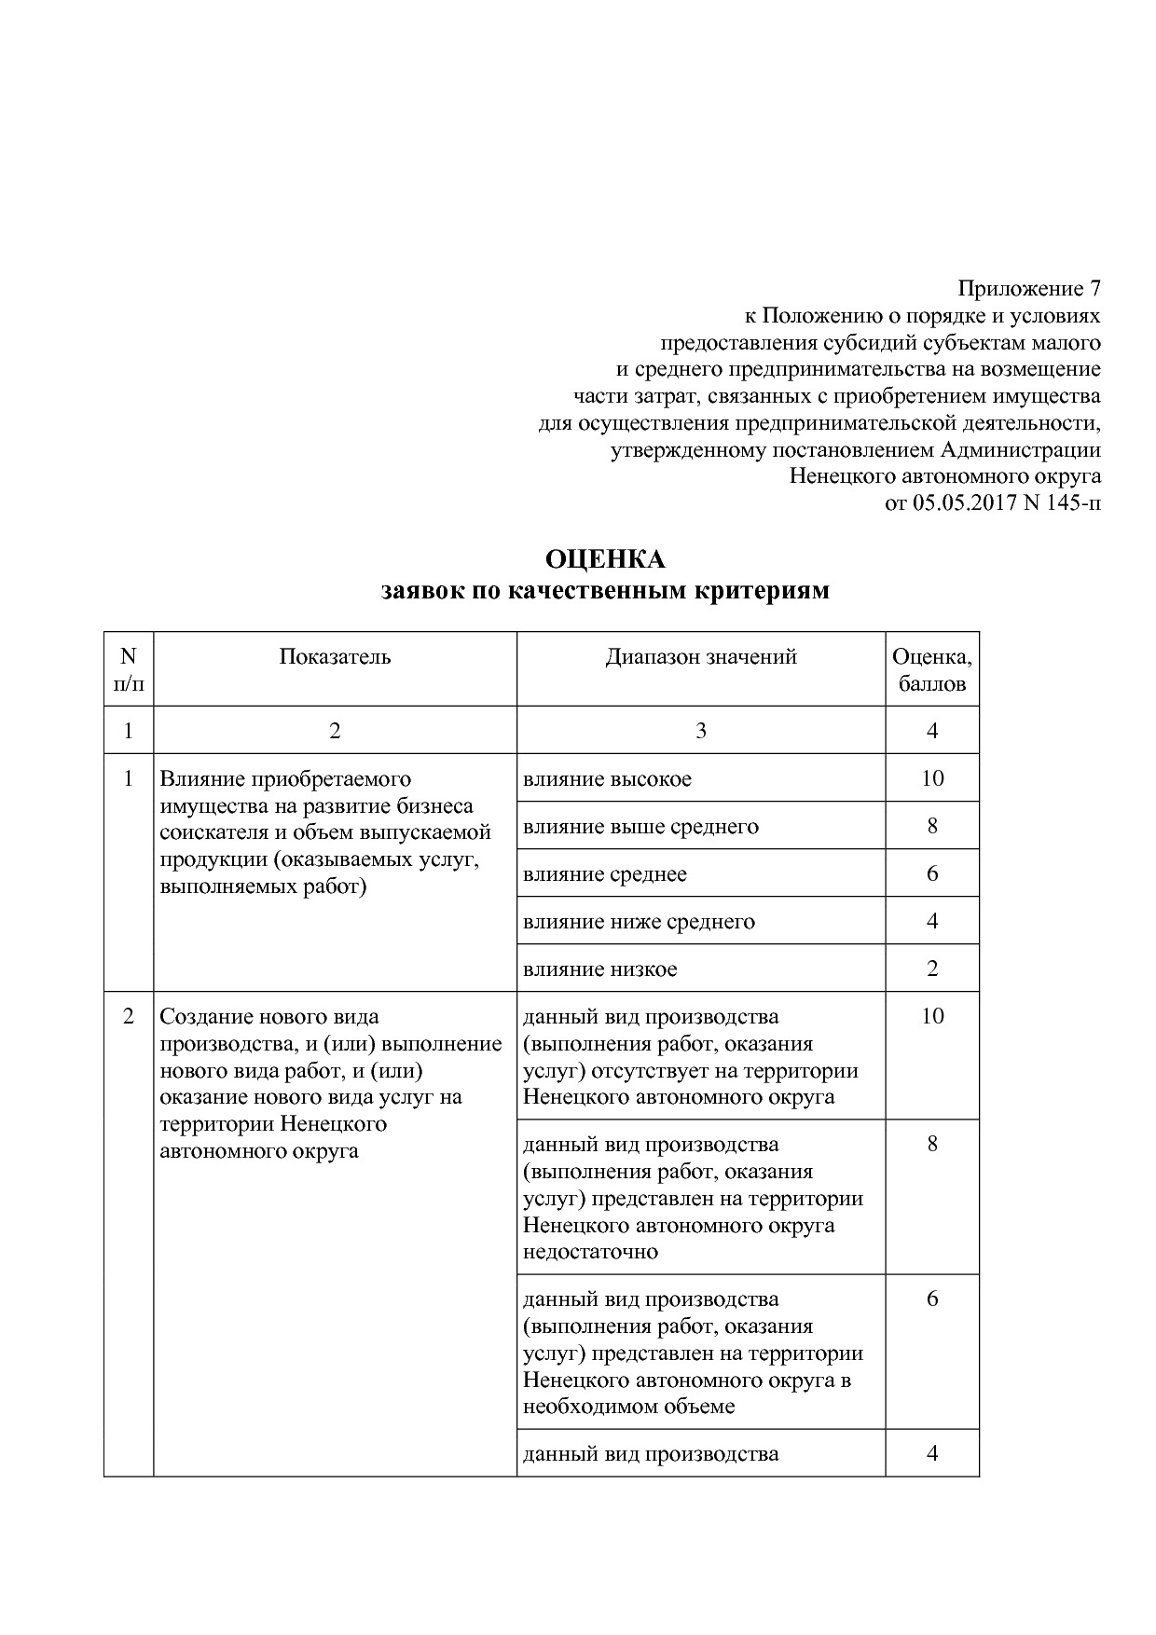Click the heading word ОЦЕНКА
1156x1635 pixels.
pos(605,559)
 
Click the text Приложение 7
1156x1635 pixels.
pos(1028,288)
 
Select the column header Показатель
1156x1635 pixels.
pos(335,657)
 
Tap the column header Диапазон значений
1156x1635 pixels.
pos(701,657)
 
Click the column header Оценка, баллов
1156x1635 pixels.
pos(931,670)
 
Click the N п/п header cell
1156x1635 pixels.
pos(129,670)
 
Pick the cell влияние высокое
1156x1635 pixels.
pos(607,779)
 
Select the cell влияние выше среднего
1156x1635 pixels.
pos(640,827)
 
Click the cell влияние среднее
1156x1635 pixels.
pos(605,874)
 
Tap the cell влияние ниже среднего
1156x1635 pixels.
pos(639,922)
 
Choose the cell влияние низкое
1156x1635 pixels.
pos(599,969)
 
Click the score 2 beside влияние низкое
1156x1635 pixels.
pos(932,969)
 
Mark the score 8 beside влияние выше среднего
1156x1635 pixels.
pos(932,827)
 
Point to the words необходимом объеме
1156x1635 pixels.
pos(628,1407)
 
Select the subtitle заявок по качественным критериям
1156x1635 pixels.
pos(605,591)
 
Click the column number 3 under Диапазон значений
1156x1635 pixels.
pos(701,731)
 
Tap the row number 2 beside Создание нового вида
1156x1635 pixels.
pos(129,1016)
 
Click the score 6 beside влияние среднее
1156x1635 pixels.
pos(932,874)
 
